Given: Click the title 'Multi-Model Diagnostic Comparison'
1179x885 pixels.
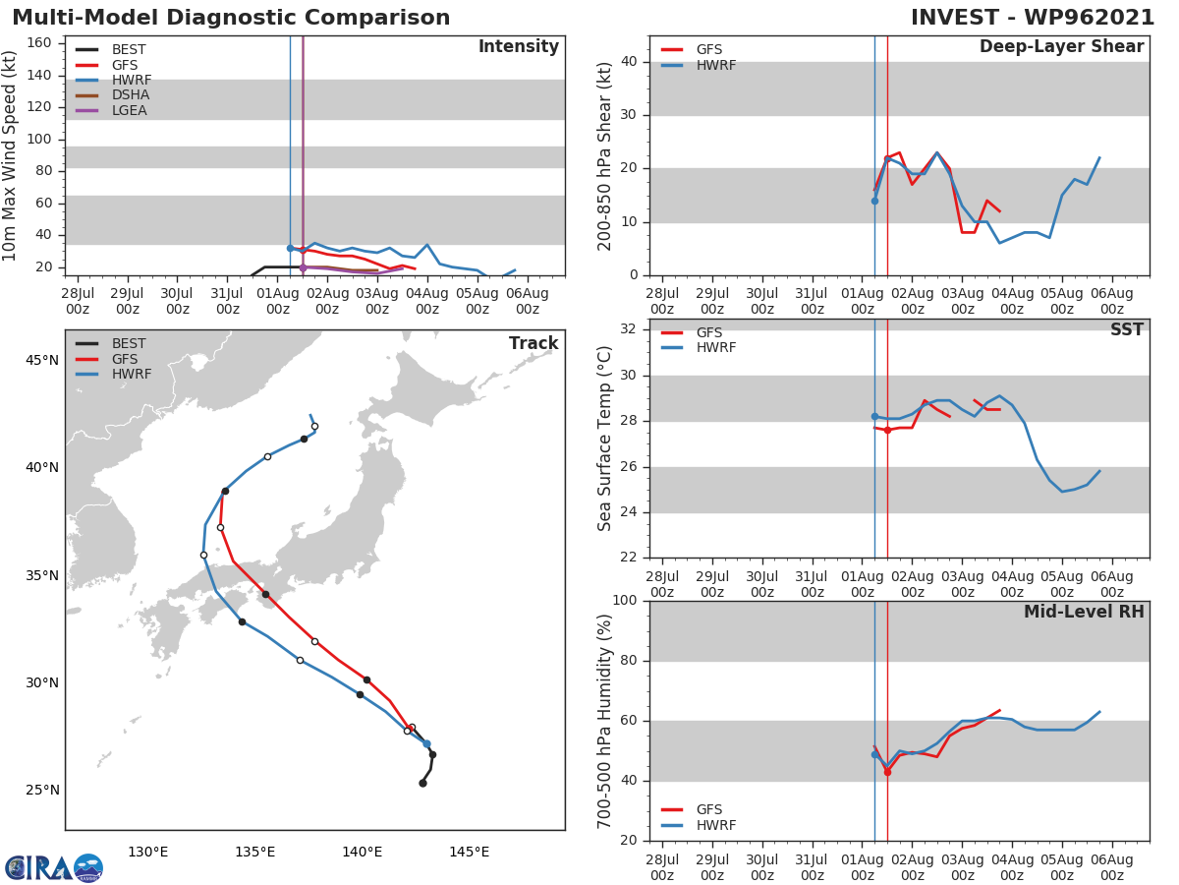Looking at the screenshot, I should pos(231,18).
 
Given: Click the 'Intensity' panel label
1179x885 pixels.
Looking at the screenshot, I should pos(518,47).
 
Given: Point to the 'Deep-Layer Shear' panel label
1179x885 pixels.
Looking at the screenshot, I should pos(1061,47).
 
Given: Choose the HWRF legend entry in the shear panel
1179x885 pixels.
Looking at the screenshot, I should pos(712,65).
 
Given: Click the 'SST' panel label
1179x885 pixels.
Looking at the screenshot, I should pos(1126,330).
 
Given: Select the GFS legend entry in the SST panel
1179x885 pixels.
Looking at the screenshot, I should pos(708,332).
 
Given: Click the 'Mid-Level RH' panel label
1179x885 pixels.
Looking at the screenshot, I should pos(1084,612).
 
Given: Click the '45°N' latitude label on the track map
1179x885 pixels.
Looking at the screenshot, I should pos(42,360).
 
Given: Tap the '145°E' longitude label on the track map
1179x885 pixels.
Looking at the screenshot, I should pos(469,852).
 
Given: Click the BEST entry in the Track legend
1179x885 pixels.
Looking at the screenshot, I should pos(128,343).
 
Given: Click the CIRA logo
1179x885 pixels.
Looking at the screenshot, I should pos(53,867).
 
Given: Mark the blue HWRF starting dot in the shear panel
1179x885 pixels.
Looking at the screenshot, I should pos(874,201).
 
